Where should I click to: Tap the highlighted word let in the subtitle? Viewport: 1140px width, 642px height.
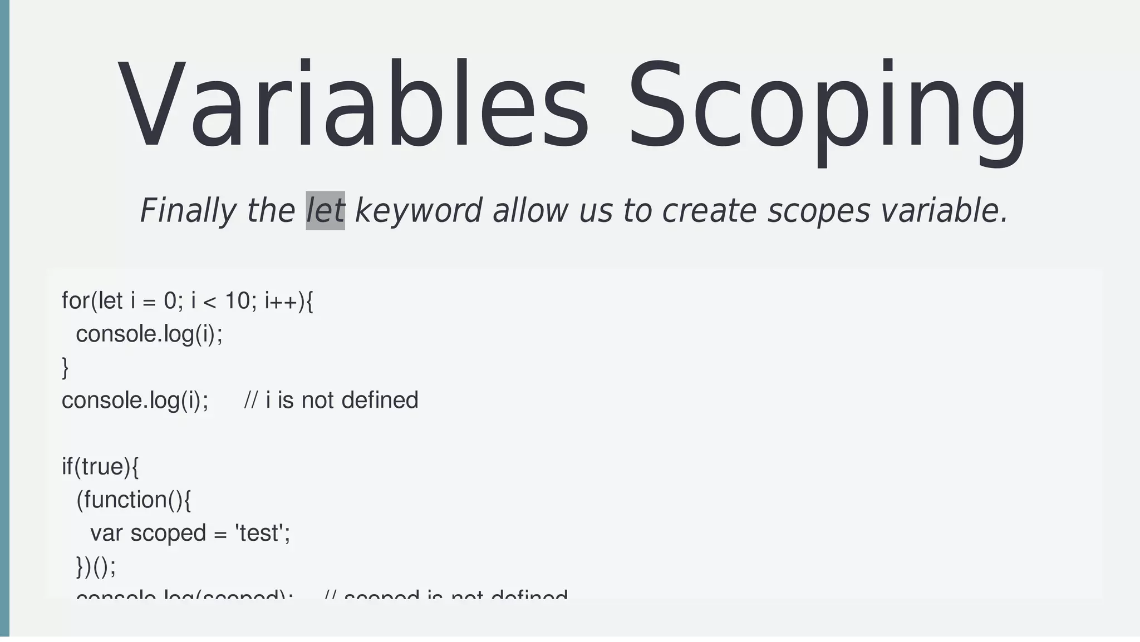(x=326, y=211)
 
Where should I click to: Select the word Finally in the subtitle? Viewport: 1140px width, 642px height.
(x=188, y=211)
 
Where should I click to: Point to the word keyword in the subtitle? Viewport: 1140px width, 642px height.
(x=418, y=211)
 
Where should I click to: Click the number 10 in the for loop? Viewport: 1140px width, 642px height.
(x=237, y=301)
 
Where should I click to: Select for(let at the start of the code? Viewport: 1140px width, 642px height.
(x=92, y=301)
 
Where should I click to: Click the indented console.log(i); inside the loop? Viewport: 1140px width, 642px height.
(x=149, y=334)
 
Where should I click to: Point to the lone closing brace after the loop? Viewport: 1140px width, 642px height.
(x=65, y=368)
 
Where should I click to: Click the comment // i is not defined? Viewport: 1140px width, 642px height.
(x=331, y=401)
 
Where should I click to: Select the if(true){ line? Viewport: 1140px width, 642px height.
(x=100, y=467)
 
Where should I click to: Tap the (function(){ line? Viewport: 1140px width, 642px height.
(x=134, y=500)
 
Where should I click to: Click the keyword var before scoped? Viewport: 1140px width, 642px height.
(x=106, y=534)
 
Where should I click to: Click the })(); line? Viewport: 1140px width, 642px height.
(x=96, y=567)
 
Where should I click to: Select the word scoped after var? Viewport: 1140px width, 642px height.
(x=168, y=534)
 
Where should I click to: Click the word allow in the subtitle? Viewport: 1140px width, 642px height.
(x=530, y=211)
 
